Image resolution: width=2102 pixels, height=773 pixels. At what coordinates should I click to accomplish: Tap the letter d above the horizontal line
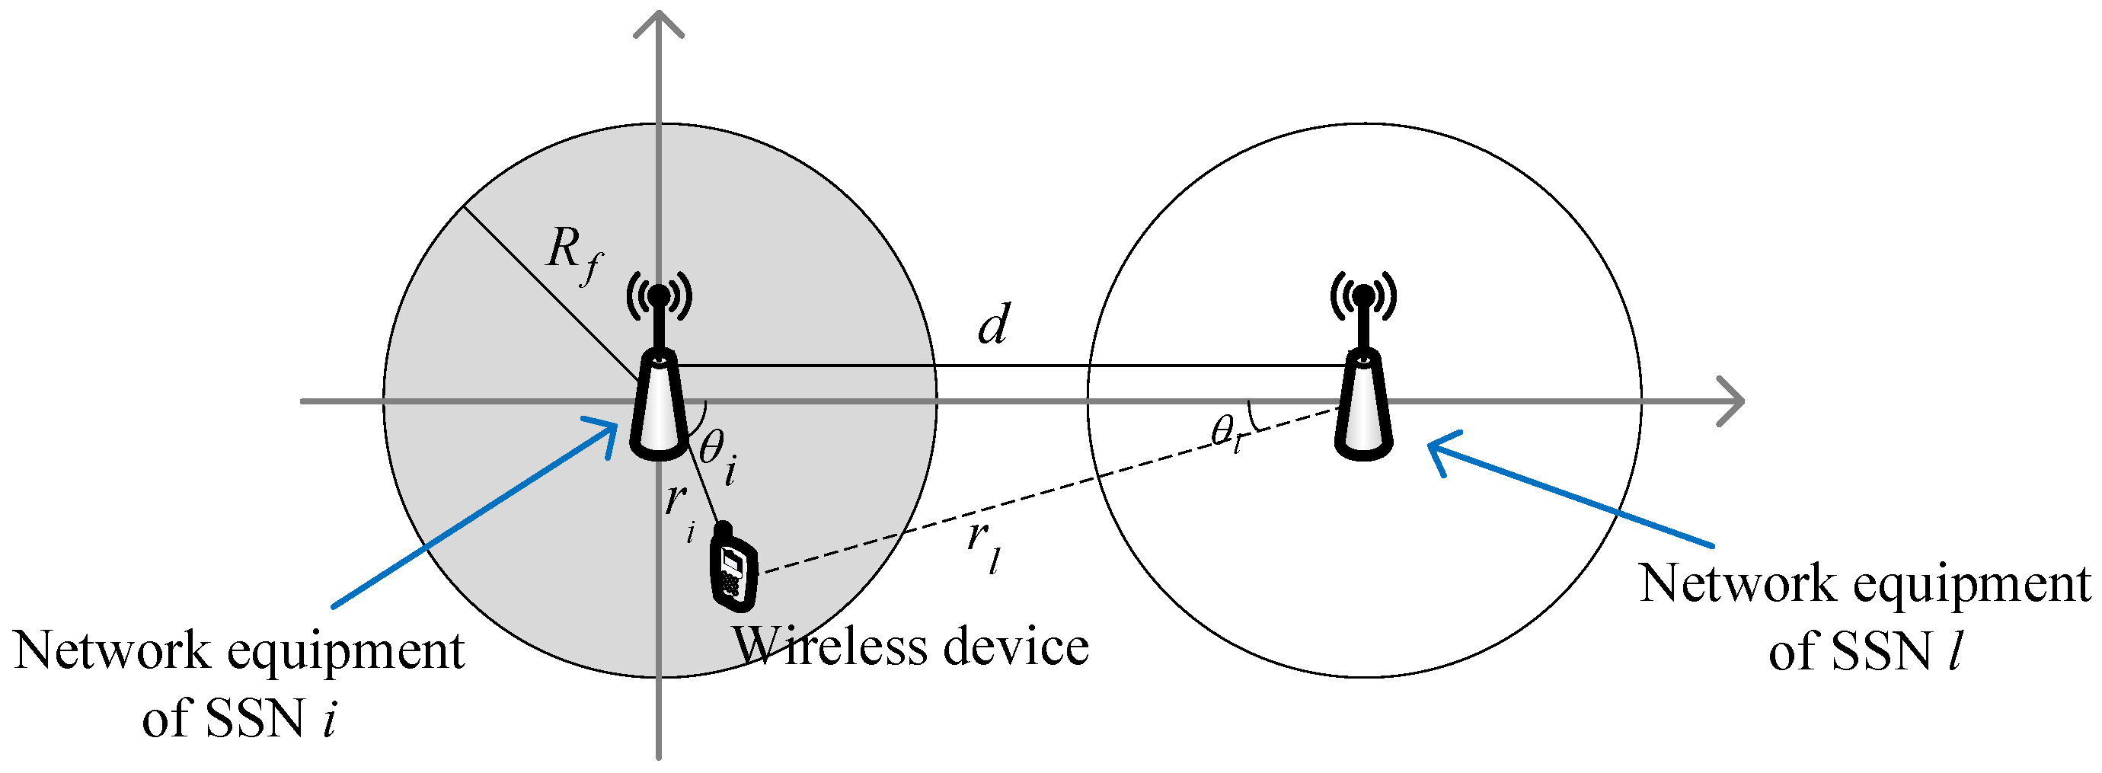(x=993, y=325)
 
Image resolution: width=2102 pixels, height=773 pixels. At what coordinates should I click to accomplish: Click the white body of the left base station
(x=659, y=408)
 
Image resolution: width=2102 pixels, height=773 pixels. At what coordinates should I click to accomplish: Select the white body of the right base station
(x=1362, y=408)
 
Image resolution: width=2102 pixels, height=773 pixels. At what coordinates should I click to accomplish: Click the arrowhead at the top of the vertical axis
(x=659, y=23)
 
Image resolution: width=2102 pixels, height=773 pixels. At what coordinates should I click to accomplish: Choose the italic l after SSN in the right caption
(x=1954, y=651)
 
